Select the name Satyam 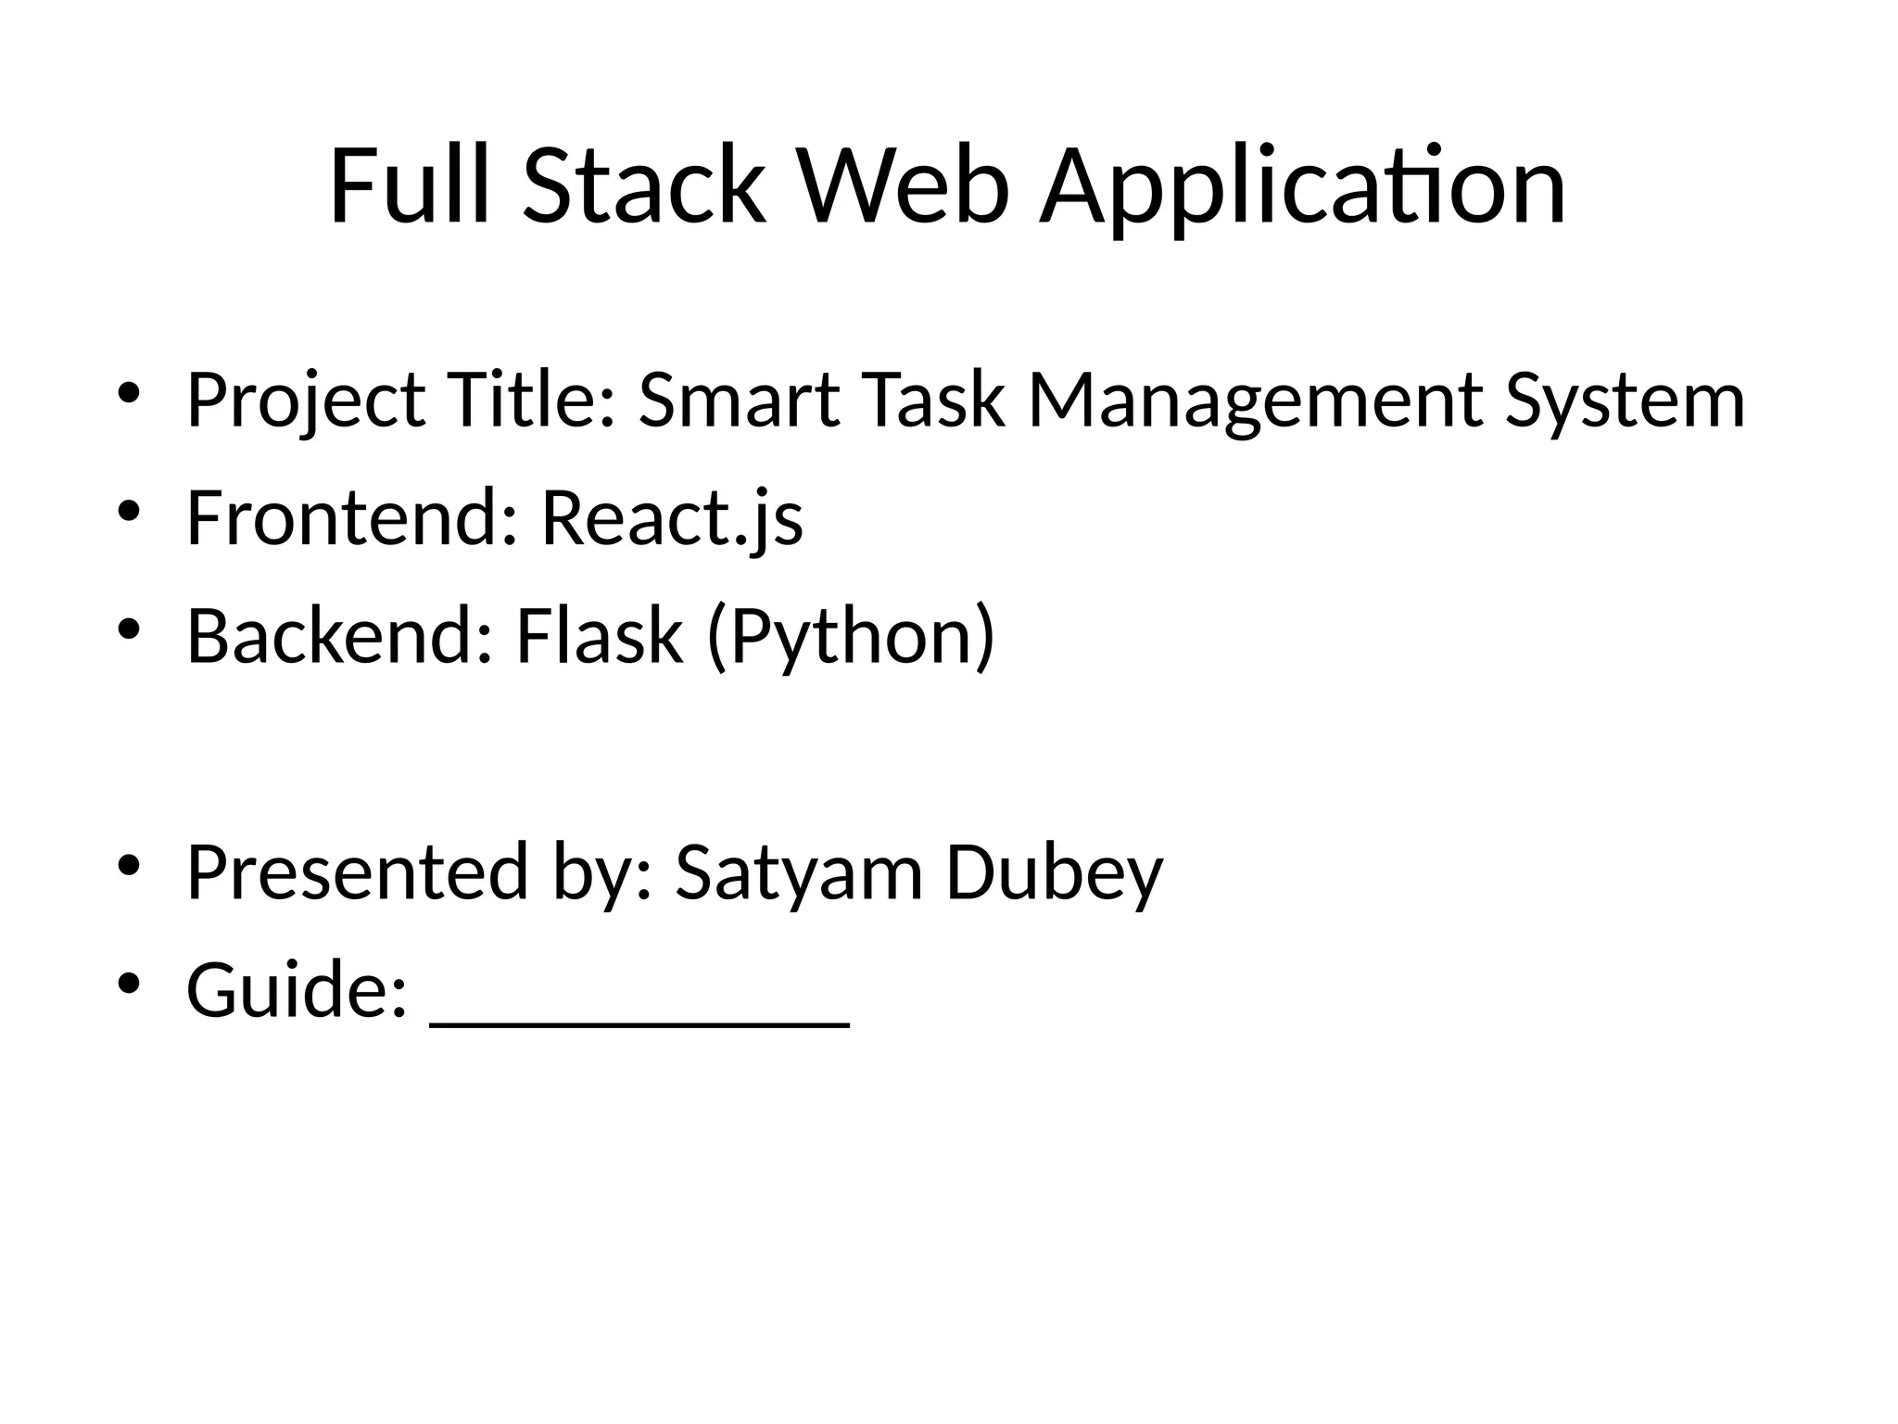coord(799,874)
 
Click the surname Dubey coord(1054,874)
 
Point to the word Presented coord(358,874)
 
